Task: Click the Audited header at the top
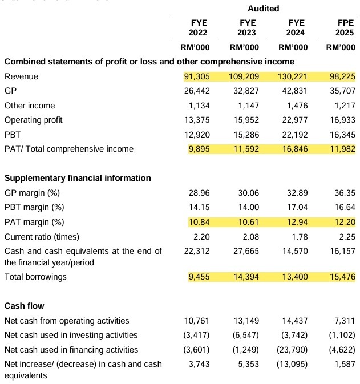tap(263, 9)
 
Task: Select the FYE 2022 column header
tap(198, 28)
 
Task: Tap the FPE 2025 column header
tap(345, 28)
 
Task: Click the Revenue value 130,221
tap(293, 76)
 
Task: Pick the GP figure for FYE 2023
tap(246, 91)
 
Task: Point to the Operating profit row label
tap(33, 120)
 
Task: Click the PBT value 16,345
tap(342, 135)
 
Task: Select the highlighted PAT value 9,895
tap(199, 149)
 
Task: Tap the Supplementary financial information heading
tap(78, 178)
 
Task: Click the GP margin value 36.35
tap(345, 193)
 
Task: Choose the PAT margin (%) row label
tap(34, 222)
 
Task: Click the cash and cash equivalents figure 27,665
tap(246, 251)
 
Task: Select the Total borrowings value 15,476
tap(342, 277)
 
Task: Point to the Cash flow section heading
tap(24, 306)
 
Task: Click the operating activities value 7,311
tap(345, 321)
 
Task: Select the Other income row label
tap(30, 106)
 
